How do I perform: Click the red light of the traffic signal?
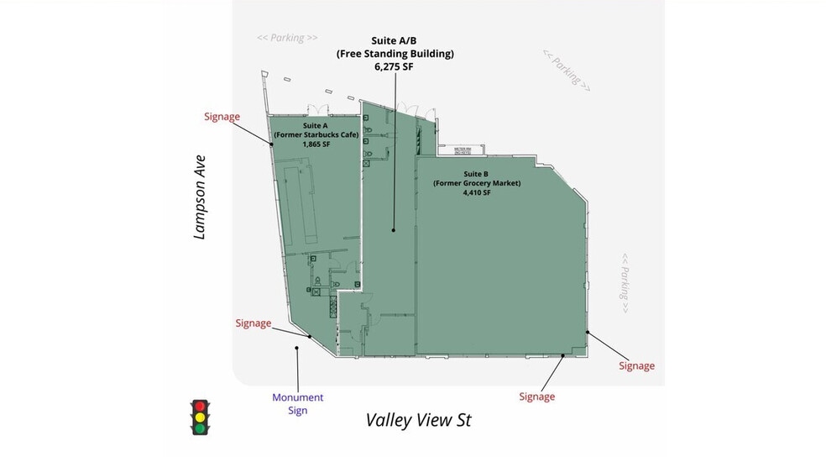[x=200, y=407]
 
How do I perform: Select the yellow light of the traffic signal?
[x=200, y=418]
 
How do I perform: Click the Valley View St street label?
[x=419, y=420]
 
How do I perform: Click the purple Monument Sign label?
[x=297, y=404]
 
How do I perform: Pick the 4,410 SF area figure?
[x=475, y=192]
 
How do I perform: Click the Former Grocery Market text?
[x=477, y=183]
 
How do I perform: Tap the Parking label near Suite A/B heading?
[x=287, y=38]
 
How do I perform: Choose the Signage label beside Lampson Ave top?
[x=222, y=117]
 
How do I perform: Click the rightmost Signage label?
[x=636, y=365]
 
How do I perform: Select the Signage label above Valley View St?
[x=536, y=397]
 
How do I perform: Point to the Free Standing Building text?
[x=395, y=54]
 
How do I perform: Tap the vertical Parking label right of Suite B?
[x=625, y=284]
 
